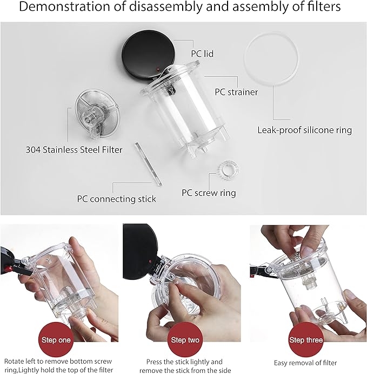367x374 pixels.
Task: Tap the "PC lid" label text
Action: pos(203,54)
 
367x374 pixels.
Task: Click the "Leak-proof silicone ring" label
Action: pos(304,130)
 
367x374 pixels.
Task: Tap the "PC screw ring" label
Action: pos(208,192)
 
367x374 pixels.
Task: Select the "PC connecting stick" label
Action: pos(116,199)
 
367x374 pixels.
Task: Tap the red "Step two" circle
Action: pos(185,339)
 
